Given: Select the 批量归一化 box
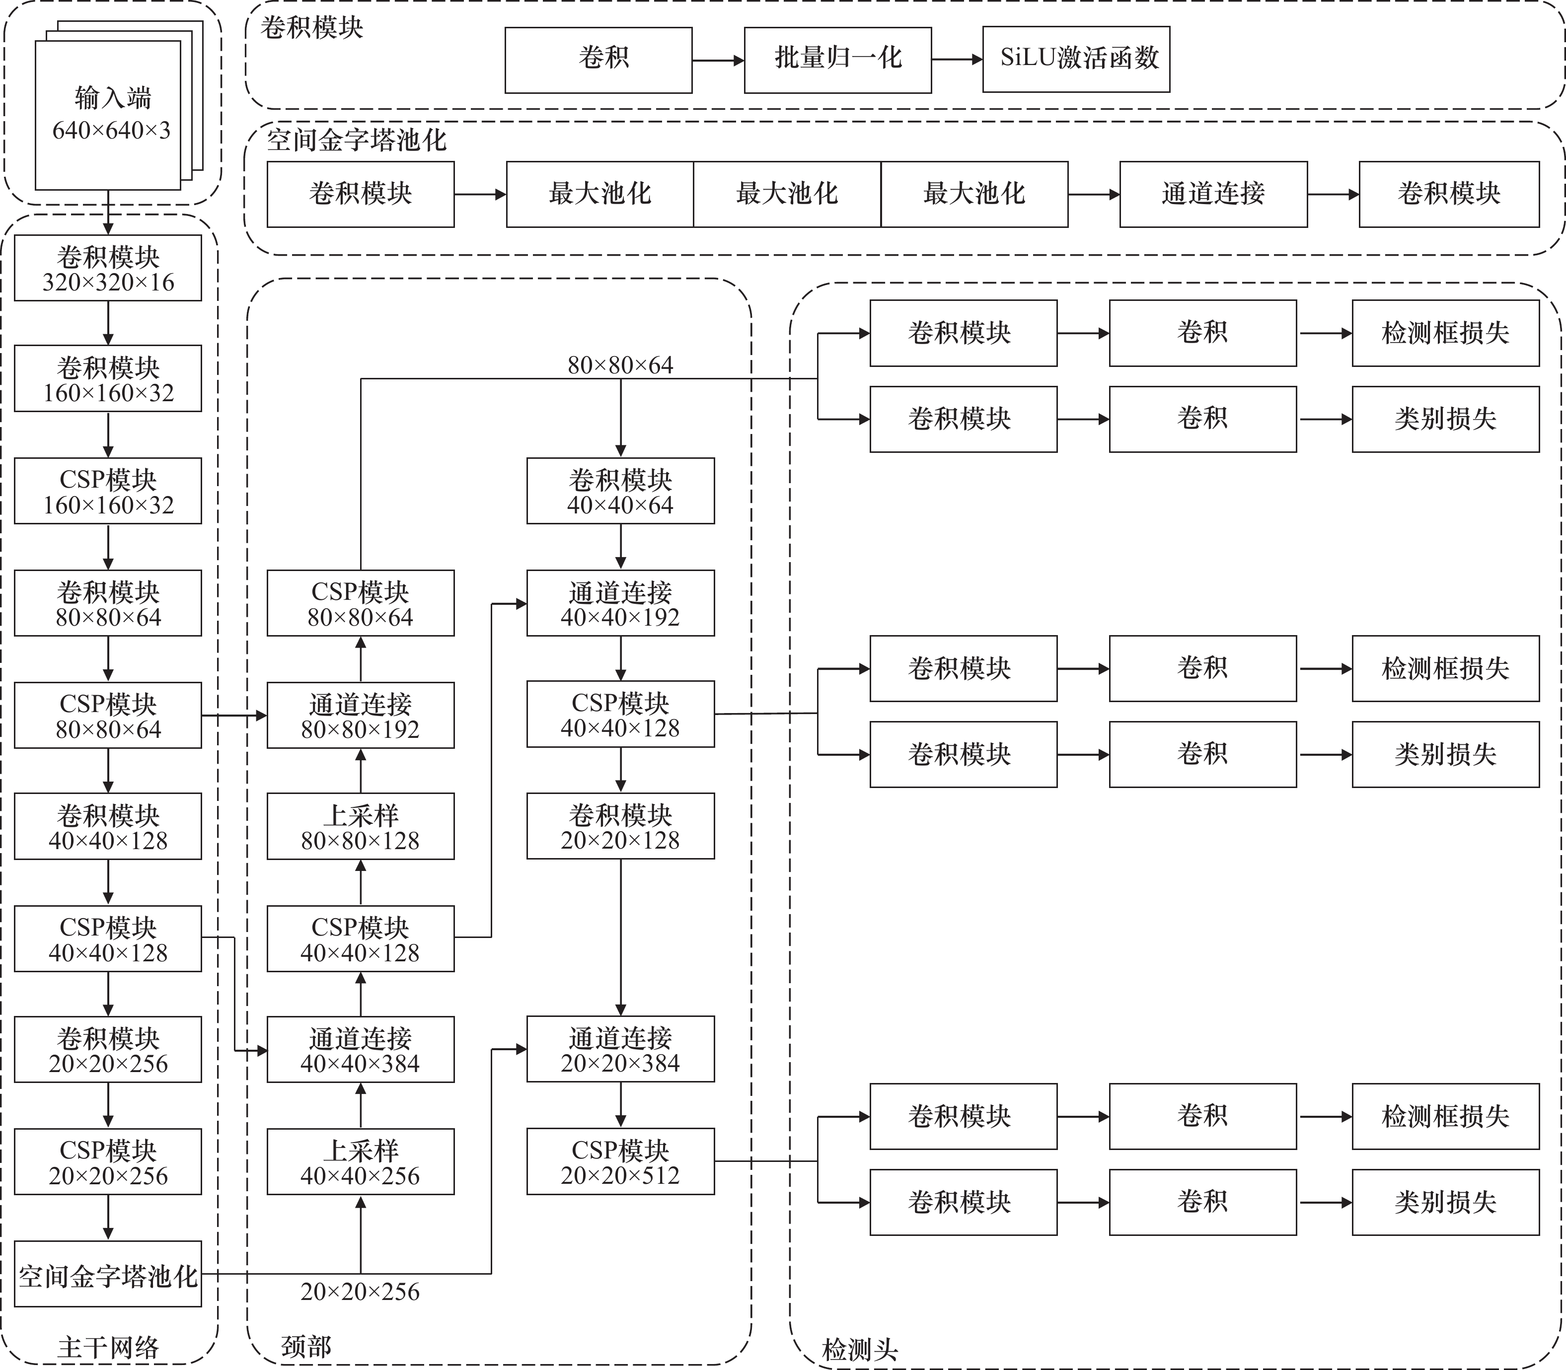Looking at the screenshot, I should (x=837, y=60).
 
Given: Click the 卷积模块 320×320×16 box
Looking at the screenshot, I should (x=108, y=268).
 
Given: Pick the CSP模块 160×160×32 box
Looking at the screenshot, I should (x=108, y=491).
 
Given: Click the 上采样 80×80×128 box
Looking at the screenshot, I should (x=360, y=826).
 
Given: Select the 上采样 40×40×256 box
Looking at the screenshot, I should (x=360, y=1162).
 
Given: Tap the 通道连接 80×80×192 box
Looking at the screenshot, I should (x=360, y=716).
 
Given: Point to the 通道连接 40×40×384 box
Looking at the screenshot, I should (x=360, y=1050).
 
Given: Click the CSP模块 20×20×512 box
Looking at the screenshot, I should (x=620, y=1161).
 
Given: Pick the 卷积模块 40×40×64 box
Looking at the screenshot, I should (x=620, y=491).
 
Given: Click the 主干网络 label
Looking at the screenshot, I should (x=108, y=1346).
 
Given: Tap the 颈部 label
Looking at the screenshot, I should (x=306, y=1346).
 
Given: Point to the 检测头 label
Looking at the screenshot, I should (x=859, y=1349).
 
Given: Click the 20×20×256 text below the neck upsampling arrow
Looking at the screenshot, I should (x=360, y=1291).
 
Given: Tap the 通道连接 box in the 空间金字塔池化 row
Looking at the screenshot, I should (x=1213, y=194).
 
